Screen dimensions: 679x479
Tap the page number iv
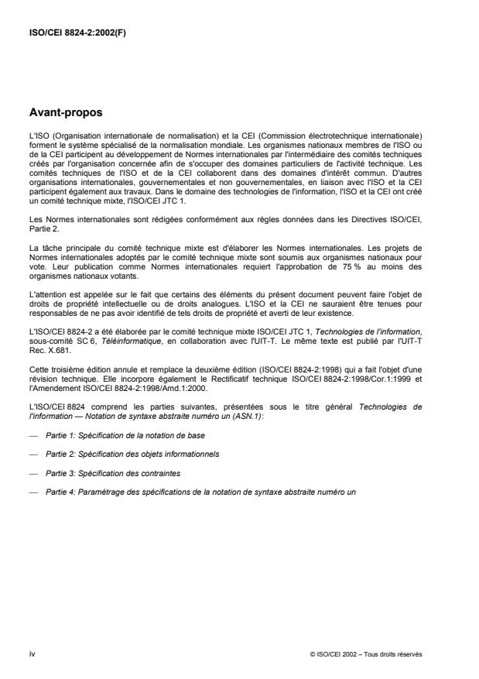point(31,654)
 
